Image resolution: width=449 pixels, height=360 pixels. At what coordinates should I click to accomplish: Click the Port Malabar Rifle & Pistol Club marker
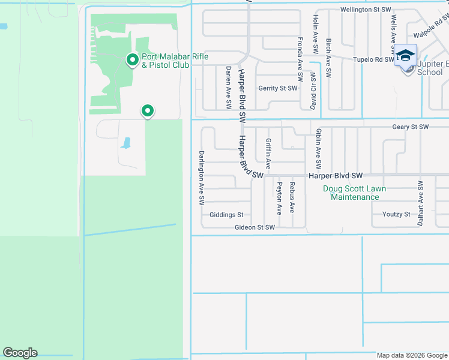click(x=132, y=59)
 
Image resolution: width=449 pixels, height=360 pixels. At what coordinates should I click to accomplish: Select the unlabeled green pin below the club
click(x=147, y=111)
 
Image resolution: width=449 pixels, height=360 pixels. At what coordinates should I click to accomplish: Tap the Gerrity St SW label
click(x=278, y=88)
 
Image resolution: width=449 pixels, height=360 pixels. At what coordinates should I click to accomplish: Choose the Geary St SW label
click(x=411, y=127)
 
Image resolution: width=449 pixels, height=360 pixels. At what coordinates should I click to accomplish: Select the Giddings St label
click(x=226, y=215)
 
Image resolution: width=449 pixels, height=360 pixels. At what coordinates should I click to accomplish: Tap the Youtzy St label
click(x=396, y=214)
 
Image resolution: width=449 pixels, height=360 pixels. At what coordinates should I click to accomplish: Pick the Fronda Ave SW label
click(x=300, y=59)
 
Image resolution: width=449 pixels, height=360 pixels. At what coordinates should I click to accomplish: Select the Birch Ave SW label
click(x=328, y=58)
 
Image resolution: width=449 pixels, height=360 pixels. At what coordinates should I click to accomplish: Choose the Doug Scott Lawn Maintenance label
click(x=354, y=193)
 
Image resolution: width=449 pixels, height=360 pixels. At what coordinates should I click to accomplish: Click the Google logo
click(x=20, y=353)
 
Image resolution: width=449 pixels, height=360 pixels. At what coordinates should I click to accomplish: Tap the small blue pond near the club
click(x=125, y=143)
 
